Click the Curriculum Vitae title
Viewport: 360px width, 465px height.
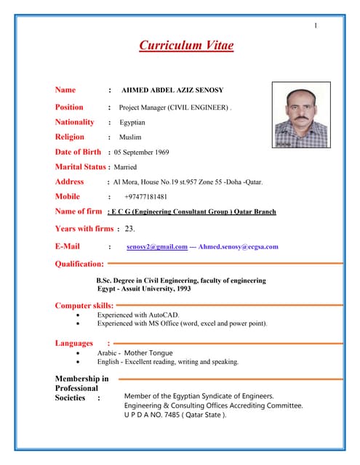coord(187,46)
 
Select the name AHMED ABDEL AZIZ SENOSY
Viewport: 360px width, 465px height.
coord(172,90)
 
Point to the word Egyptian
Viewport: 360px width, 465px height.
coord(132,123)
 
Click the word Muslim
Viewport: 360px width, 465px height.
coord(130,137)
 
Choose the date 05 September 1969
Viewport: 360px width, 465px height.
coord(142,153)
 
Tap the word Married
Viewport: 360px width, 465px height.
coord(126,167)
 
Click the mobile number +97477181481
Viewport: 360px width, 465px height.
coord(145,197)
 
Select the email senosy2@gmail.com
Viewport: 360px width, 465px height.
coord(157,247)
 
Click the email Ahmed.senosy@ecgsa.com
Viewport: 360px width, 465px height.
coord(239,247)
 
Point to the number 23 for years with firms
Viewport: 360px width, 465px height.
coord(129,229)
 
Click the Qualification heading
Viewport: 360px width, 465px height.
coord(79,264)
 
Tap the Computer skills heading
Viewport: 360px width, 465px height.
coord(84,305)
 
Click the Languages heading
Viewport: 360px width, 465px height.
coord(74,343)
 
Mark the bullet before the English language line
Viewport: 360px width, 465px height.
coord(79,361)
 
